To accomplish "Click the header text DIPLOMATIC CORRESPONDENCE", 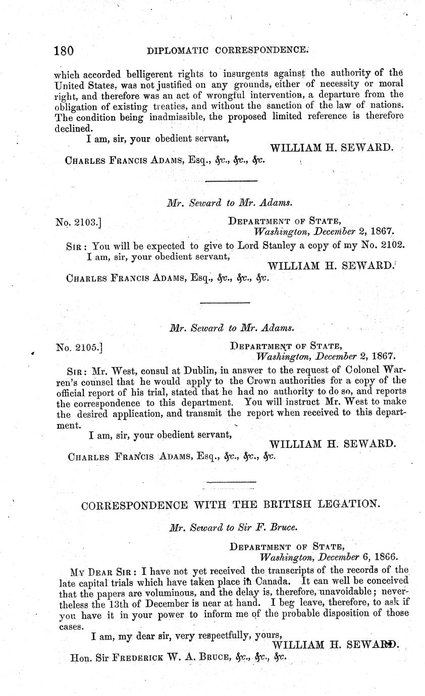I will click(227, 50).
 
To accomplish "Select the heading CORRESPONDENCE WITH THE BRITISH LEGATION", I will click(229, 504).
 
